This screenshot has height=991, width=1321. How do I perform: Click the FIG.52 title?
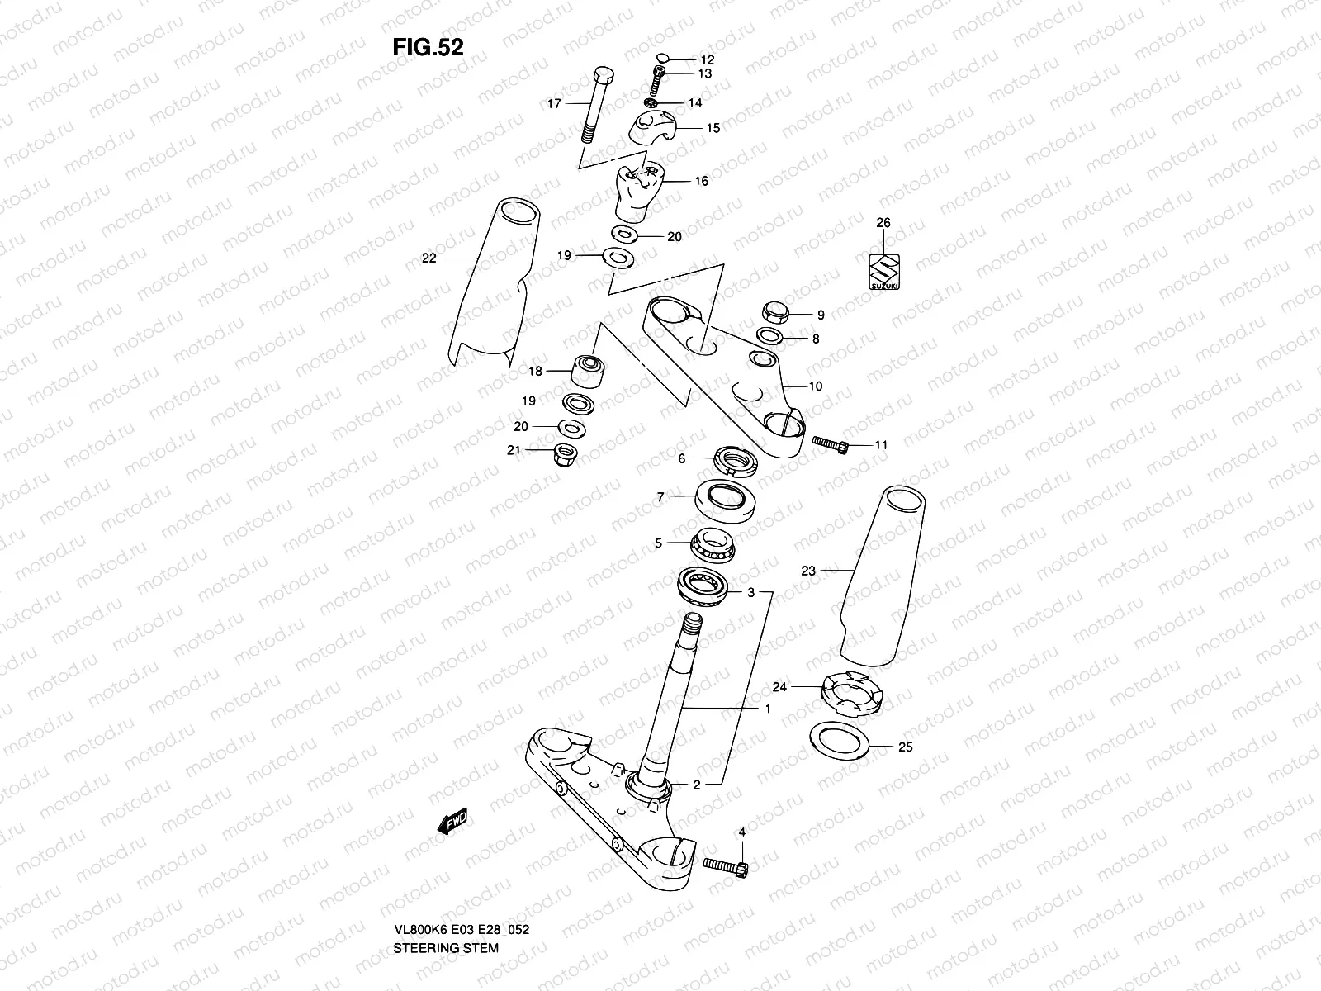click(428, 47)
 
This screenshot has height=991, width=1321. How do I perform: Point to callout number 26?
click(883, 223)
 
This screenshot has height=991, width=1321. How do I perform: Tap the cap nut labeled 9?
click(775, 312)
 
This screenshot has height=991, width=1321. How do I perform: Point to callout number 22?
click(428, 258)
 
